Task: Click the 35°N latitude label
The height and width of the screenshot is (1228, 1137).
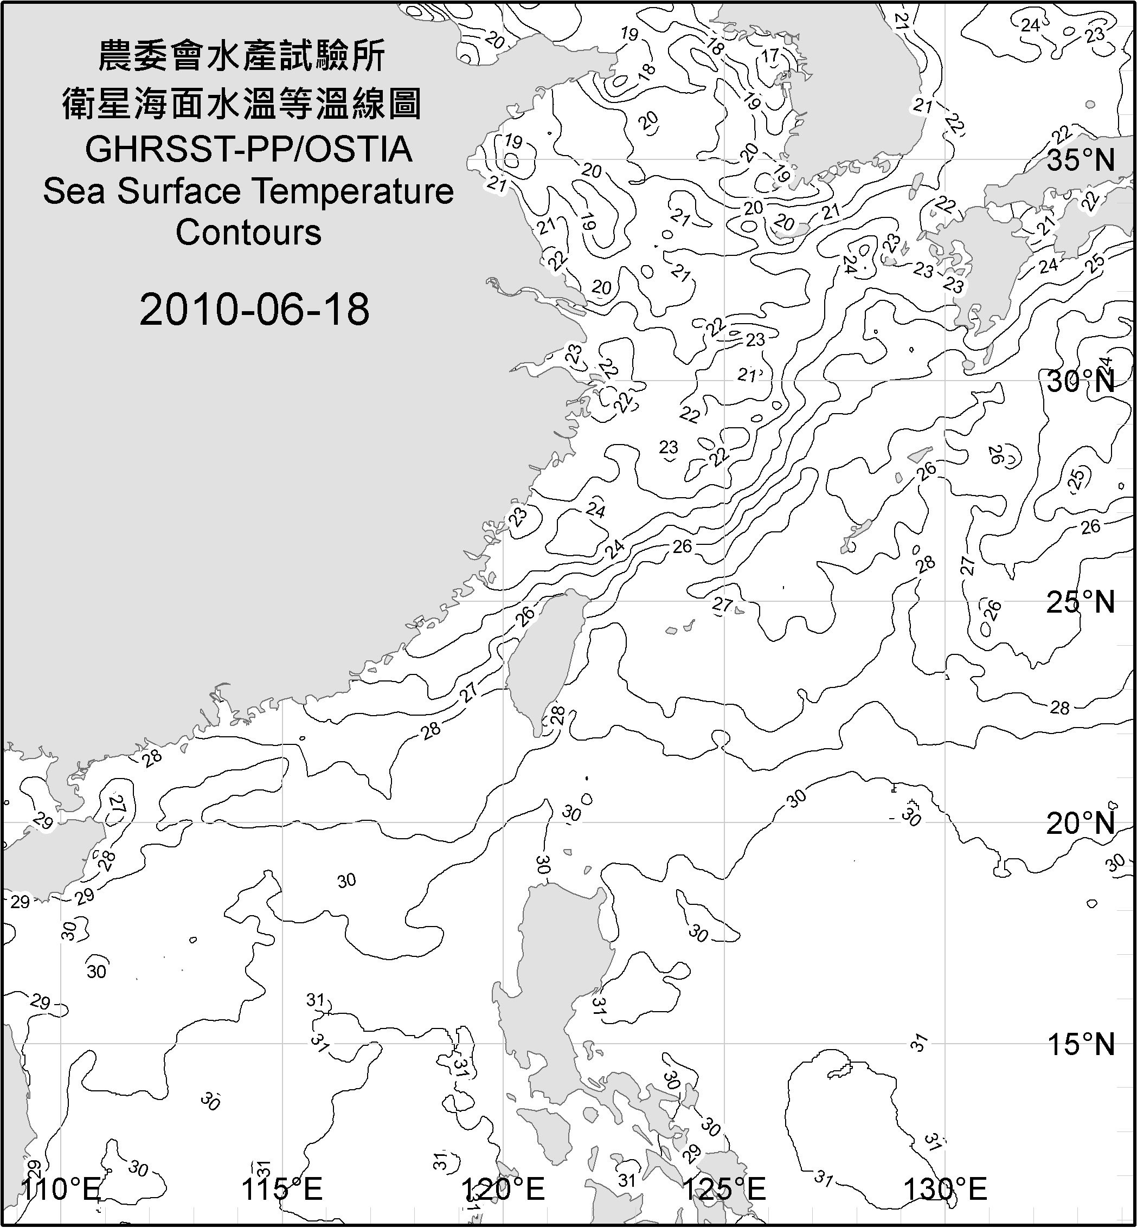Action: [1081, 160]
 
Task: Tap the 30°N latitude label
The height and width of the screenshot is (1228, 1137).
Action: [1081, 382]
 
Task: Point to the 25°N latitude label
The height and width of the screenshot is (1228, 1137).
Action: [1081, 602]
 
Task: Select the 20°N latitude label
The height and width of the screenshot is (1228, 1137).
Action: [1081, 823]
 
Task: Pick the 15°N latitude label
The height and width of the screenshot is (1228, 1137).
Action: [1081, 1044]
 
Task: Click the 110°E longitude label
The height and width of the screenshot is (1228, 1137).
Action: [60, 1188]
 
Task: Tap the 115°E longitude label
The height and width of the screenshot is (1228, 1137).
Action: [282, 1188]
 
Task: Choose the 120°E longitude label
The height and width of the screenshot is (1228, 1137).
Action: [503, 1188]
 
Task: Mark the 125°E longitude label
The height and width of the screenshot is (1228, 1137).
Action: [724, 1188]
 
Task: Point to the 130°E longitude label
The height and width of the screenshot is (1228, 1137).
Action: [945, 1188]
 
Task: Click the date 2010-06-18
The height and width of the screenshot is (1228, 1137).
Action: [254, 310]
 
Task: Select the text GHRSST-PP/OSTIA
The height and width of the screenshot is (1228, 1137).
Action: [248, 150]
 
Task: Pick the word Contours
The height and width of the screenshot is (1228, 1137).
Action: [248, 233]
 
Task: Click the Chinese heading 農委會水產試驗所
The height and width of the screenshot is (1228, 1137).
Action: [242, 56]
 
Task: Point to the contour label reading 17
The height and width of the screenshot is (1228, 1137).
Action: [770, 56]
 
